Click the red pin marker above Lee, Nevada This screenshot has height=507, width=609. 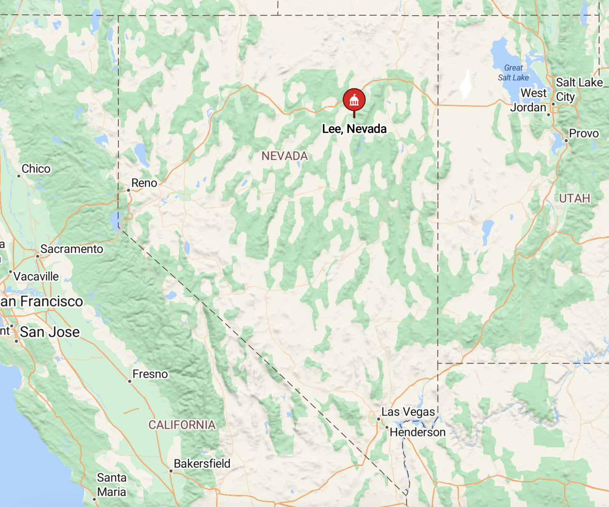(x=354, y=100)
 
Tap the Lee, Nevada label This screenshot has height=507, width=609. (x=354, y=129)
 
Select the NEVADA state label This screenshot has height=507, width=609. (x=285, y=156)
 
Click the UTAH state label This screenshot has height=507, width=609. (x=574, y=198)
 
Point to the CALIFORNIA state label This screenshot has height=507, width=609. (x=182, y=425)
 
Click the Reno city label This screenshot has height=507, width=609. (x=144, y=183)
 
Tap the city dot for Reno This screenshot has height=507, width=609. (x=129, y=190)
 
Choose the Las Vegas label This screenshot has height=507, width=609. (x=408, y=412)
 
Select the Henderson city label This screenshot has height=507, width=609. (x=418, y=432)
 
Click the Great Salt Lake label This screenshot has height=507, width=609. (x=514, y=73)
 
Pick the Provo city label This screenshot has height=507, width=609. (x=584, y=134)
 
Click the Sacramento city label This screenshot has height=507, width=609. (x=72, y=249)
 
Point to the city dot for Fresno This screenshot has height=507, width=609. (x=130, y=381)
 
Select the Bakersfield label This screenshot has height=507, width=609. (x=202, y=463)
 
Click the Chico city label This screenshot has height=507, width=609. (x=36, y=169)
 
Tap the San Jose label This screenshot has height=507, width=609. (x=50, y=332)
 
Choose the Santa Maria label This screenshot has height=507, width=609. (x=112, y=485)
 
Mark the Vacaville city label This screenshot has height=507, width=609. (x=36, y=277)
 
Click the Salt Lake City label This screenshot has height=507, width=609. (x=579, y=89)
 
